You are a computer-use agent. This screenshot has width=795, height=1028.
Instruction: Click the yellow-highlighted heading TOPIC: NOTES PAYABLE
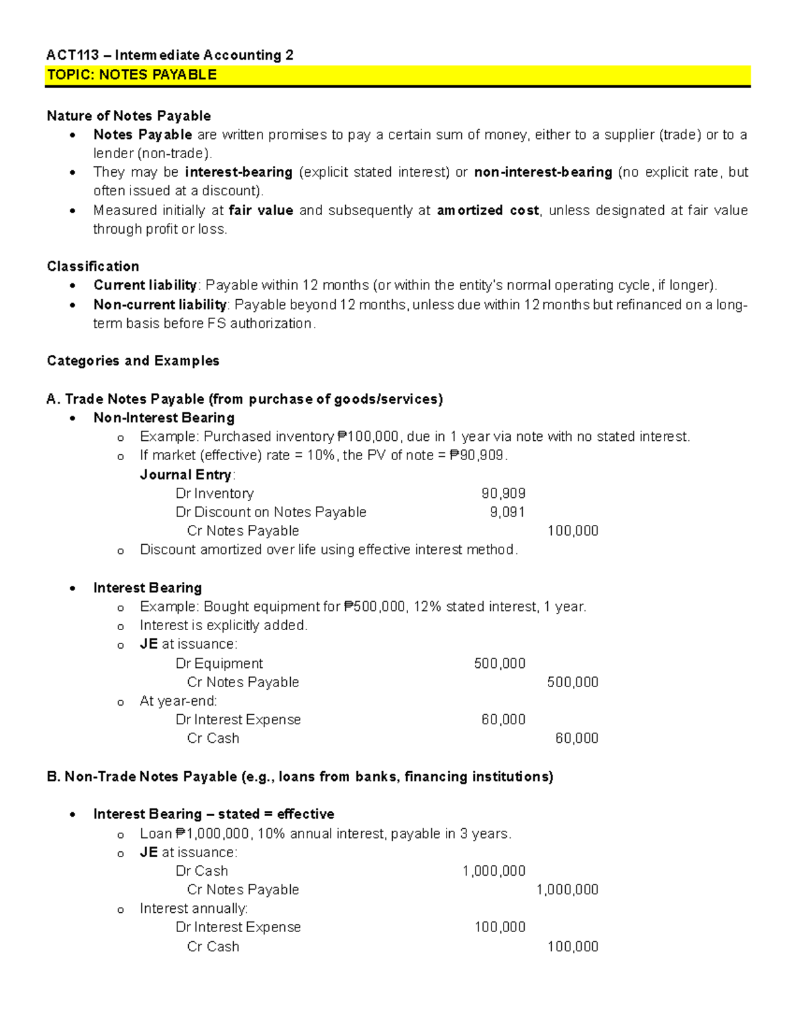click(x=132, y=75)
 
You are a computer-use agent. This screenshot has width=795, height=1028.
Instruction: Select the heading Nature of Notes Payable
click(x=129, y=116)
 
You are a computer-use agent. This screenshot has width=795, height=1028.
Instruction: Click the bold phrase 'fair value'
click(x=260, y=210)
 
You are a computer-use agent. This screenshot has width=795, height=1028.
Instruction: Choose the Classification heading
click(x=93, y=266)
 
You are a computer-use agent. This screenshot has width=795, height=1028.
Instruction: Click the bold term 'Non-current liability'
click(x=160, y=304)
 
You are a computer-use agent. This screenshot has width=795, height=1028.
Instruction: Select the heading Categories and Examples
click(x=132, y=361)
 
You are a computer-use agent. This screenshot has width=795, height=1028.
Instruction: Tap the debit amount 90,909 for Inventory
click(x=503, y=493)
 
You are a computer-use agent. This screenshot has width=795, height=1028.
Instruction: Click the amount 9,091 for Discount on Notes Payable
click(x=507, y=512)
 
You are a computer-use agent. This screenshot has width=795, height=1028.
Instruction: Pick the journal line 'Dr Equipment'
click(x=219, y=663)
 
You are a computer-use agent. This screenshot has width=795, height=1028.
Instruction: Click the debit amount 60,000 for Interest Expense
click(x=503, y=720)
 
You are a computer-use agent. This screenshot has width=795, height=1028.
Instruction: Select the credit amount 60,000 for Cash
click(x=576, y=738)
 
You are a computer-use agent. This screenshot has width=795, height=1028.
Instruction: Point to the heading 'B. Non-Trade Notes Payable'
click(x=299, y=776)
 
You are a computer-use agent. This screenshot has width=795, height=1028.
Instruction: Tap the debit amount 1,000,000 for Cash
click(x=494, y=871)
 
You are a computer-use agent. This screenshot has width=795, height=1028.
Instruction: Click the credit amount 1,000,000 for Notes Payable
click(x=566, y=890)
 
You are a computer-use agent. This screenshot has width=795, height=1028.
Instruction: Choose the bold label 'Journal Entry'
click(x=185, y=475)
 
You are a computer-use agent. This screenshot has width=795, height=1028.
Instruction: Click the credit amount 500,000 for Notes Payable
click(x=572, y=682)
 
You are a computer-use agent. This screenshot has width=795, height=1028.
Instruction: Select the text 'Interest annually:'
click(x=193, y=908)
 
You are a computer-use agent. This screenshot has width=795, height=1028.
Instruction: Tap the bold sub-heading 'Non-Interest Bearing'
click(x=164, y=418)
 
